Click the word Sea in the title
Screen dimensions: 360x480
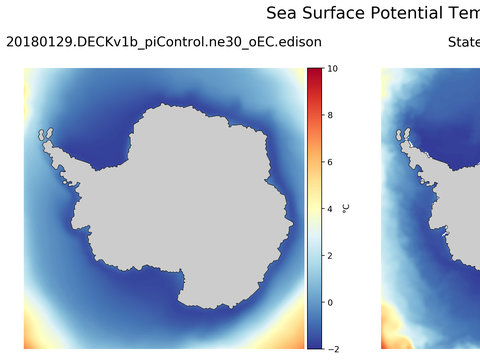pos(283,13)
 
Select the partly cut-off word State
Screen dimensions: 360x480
pos(463,43)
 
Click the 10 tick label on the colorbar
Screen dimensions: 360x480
pos(332,69)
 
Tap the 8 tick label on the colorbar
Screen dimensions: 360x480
pos(330,116)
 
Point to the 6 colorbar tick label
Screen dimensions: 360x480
pos(330,162)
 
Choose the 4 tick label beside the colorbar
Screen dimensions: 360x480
pos(330,209)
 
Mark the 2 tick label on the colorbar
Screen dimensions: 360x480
pos(330,255)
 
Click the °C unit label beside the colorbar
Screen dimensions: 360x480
pos(346,208)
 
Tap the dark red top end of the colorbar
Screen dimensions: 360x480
pos(314,74)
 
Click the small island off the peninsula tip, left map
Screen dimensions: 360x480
pos(44,133)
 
